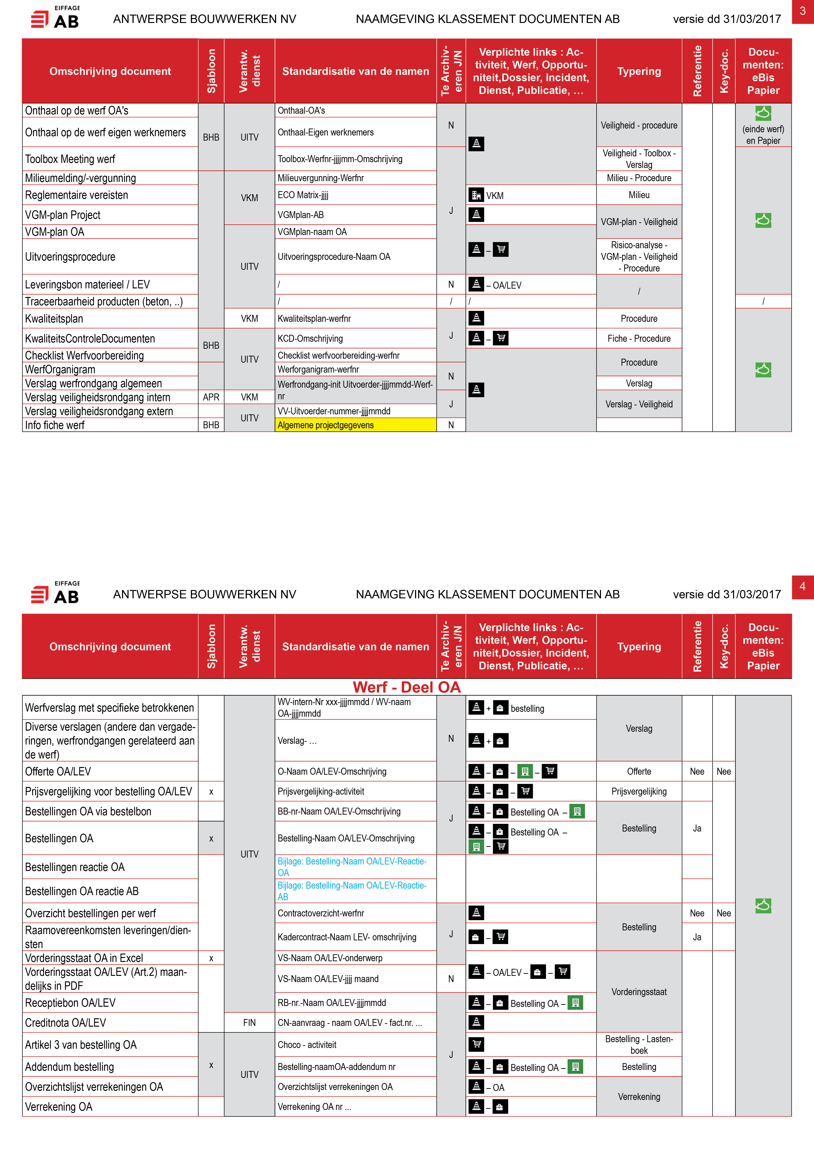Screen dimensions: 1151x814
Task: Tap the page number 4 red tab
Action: coord(802,587)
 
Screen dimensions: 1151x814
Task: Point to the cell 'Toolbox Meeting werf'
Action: coord(70,159)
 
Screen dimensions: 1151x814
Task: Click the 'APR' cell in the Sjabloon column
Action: coord(211,397)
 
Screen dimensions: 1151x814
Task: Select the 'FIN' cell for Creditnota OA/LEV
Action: coord(249,1023)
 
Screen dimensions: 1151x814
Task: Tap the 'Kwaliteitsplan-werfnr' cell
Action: coord(314,318)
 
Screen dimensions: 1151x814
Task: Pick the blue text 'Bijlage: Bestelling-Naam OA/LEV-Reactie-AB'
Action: coord(352,891)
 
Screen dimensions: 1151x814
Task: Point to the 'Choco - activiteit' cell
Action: coord(307,1045)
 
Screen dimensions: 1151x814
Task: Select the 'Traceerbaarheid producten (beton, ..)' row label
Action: coord(104,301)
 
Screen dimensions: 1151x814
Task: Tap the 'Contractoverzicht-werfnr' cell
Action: coord(321,913)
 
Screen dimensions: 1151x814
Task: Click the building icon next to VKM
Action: coord(476,195)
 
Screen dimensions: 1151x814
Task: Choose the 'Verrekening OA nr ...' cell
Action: coord(314,1106)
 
